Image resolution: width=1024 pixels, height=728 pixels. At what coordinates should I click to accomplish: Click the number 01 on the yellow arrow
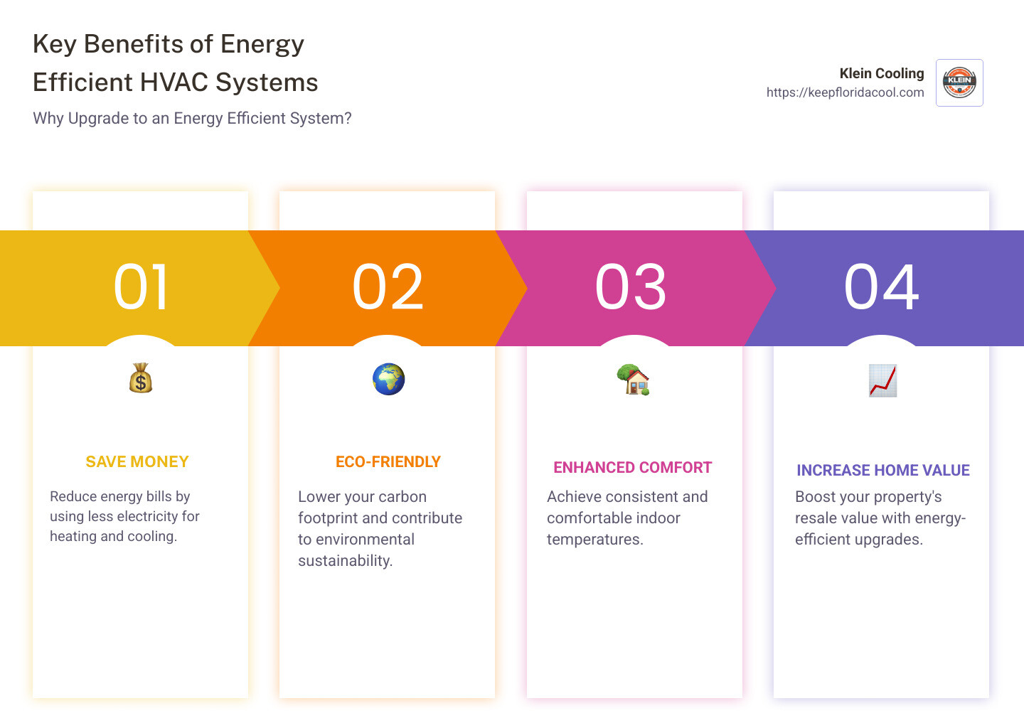141,287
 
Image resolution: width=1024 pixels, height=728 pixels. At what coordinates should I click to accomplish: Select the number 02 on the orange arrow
388,287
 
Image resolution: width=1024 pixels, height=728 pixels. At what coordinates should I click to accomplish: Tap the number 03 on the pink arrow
631,287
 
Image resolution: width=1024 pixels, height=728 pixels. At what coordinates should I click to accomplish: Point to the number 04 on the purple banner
881,287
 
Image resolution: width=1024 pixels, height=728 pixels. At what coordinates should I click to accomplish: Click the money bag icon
141,378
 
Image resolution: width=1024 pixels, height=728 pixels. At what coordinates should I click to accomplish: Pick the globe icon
388,379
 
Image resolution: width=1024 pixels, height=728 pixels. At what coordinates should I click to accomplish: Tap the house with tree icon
633,380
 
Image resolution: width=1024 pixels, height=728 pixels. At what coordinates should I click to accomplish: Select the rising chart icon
882,380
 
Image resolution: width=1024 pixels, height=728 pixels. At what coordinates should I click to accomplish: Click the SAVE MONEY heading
137,462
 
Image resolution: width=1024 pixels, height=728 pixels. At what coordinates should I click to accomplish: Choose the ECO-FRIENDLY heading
388,462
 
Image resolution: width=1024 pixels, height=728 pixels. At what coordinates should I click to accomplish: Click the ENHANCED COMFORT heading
633,468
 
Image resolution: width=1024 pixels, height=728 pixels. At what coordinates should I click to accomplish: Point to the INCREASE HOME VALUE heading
883,471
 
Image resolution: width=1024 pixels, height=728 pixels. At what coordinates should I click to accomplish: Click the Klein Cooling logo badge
959,82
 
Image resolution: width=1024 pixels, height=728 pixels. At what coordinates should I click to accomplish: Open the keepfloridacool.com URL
845,92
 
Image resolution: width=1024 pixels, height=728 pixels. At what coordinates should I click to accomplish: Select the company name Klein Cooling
882,73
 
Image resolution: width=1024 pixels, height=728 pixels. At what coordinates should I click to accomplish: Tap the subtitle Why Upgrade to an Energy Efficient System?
192,118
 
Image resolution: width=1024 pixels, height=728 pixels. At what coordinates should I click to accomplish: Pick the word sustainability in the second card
345,561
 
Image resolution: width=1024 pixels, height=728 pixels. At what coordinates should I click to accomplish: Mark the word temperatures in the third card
594,540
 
